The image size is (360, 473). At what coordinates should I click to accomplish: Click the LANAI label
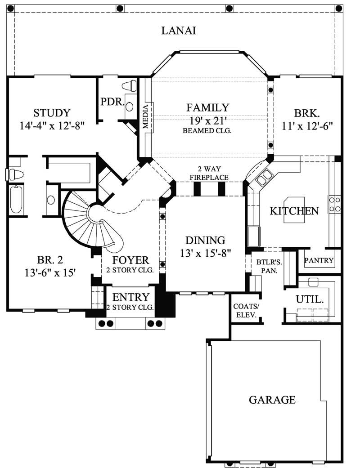(x=179, y=31)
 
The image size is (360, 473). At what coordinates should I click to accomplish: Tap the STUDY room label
(x=52, y=113)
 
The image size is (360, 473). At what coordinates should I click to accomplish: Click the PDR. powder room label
(x=112, y=102)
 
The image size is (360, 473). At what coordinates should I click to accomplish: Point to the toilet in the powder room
(x=130, y=85)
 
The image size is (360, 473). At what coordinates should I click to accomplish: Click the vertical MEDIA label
(x=146, y=116)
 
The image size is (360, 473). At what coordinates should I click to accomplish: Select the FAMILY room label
(x=208, y=107)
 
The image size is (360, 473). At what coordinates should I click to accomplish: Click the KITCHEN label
(x=294, y=211)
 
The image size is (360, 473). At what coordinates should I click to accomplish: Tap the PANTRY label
(x=319, y=260)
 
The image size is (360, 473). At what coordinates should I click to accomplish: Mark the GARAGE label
(x=272, y=399)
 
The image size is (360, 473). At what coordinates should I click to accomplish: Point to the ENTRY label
(x=130, y=297)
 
